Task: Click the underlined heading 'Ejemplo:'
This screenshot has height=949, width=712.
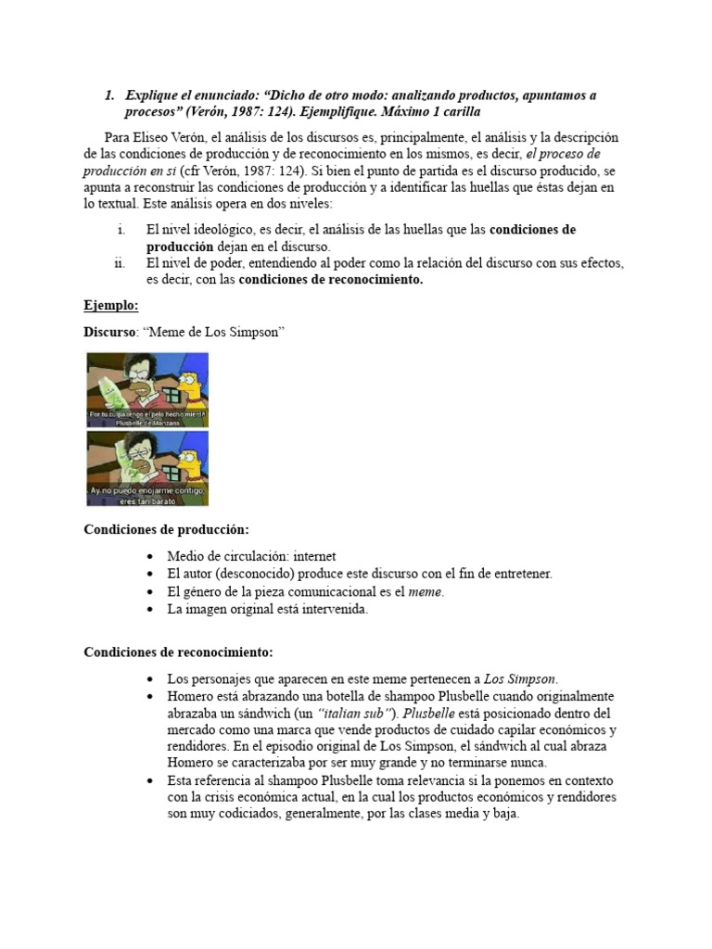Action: click(111, 305)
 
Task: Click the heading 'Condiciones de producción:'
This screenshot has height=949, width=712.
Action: click(166, 529)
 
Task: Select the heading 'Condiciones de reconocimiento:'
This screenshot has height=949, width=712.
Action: click(178, 652)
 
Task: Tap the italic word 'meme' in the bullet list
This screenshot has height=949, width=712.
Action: click(426, 591)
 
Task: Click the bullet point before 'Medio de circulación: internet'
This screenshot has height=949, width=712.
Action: click(151, 556)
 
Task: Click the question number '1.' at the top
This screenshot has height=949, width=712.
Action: click(108, 95)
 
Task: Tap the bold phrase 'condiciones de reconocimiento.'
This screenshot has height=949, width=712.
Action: click(331, 280)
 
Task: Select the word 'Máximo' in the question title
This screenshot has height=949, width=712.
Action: click(416, 112)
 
